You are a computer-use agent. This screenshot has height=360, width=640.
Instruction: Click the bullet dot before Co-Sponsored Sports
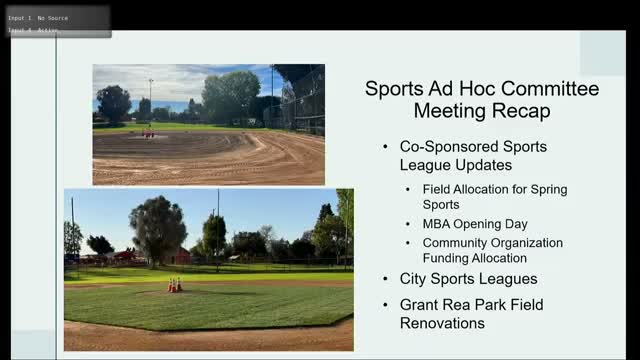386,146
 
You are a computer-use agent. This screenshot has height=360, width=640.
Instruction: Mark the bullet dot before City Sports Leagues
386,279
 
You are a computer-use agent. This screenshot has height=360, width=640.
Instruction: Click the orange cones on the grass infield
174,285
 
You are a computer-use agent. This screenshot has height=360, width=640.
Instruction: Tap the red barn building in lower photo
181,256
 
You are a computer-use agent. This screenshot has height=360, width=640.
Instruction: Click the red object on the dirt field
147,133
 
